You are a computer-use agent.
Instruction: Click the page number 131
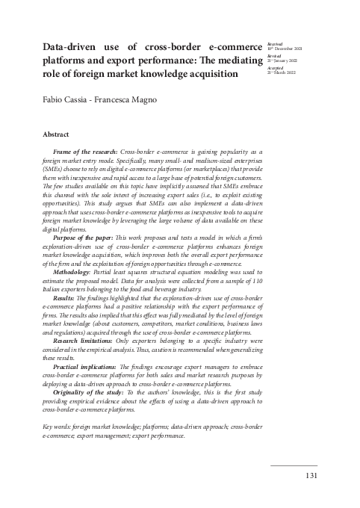[x=312, y=475]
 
